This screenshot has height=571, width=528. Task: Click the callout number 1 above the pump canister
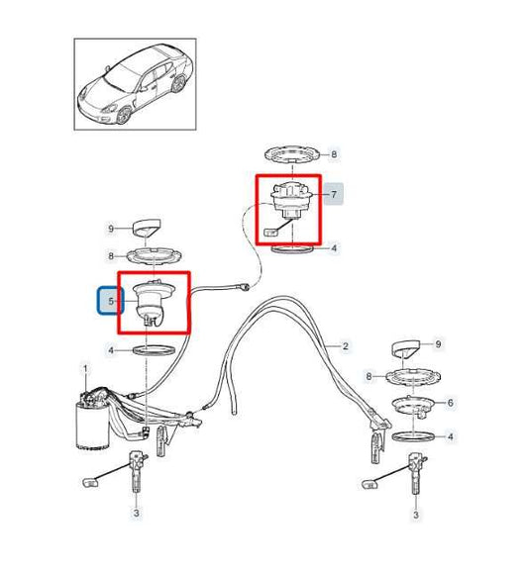(86, 369)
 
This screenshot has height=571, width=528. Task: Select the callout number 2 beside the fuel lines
(346, 346)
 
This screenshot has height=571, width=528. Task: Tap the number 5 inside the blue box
(111, 301)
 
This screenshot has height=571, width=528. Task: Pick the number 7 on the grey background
(334, 195)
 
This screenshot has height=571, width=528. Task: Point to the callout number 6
(451, 403)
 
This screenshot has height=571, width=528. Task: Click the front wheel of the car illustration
(124, 115)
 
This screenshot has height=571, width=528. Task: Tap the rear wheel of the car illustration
(178, 84)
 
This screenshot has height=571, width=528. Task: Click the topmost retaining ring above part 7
(293, 155)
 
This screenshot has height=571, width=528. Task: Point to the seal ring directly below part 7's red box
(293, 249)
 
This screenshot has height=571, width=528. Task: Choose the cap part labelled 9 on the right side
(406, 349)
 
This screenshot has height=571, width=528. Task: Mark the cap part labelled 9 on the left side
(147, 229)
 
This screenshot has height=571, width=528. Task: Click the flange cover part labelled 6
(413, 407)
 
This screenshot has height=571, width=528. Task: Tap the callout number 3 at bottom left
(136, 514)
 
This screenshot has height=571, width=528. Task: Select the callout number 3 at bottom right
(416, 515)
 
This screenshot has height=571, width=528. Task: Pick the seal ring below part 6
(413, 435)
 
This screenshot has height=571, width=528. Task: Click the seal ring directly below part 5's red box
(156, 350)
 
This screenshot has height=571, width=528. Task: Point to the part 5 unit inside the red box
(155, 304)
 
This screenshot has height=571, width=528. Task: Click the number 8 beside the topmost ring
(334, 154)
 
